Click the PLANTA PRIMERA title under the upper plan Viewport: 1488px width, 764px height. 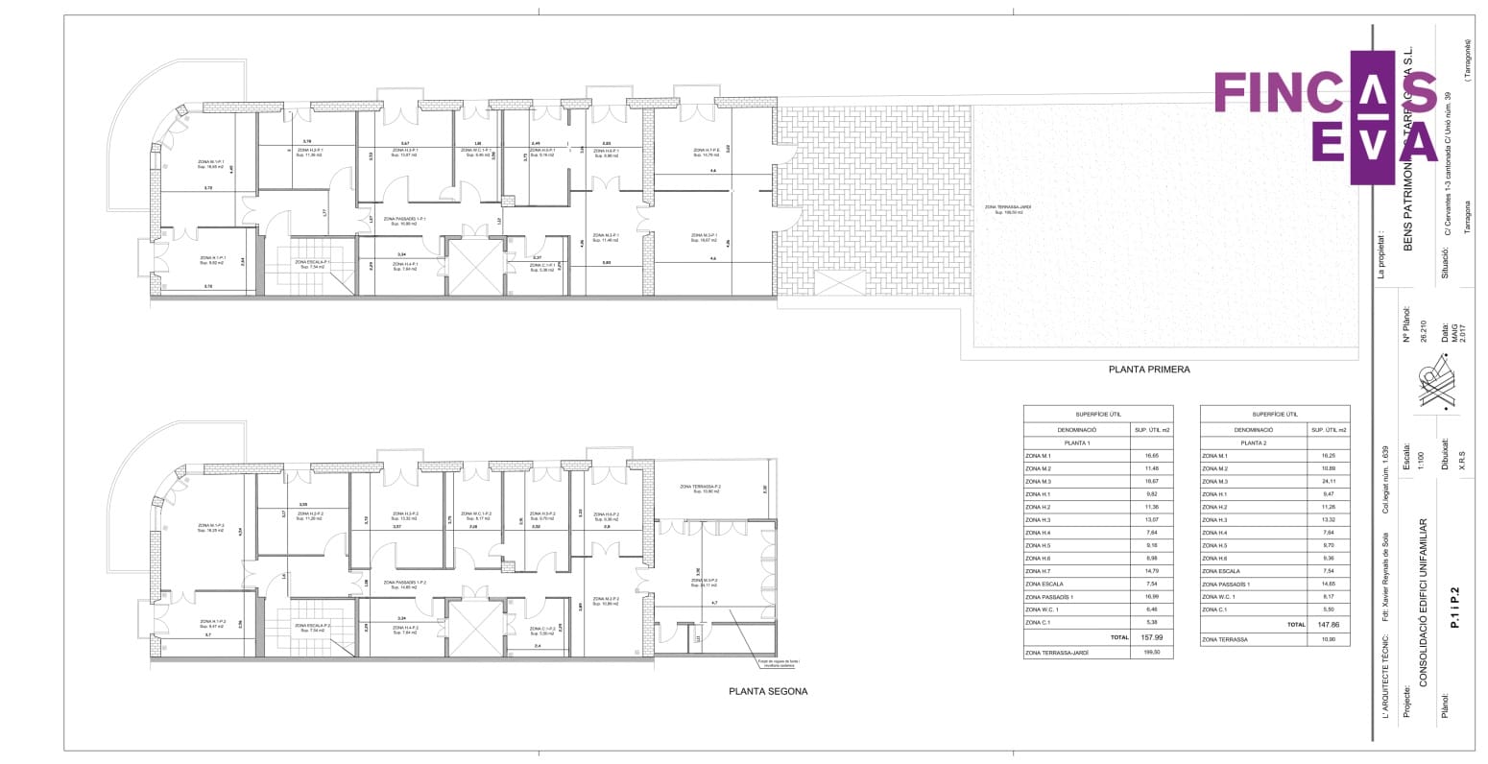point(1149,370)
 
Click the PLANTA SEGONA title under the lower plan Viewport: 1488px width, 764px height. point(768,691)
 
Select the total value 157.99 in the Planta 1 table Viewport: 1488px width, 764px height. point(1151,637)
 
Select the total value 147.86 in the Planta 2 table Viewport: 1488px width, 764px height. point(1328,625)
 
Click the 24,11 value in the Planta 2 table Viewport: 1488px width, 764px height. point(1328,482)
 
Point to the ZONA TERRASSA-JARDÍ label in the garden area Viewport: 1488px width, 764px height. point(1008,208)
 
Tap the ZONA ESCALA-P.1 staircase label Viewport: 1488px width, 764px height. point(313,262)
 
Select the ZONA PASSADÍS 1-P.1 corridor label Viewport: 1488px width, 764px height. point(404,220)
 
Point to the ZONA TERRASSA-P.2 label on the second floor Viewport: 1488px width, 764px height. point(700,488)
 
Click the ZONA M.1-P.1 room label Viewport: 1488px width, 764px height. point(211,163)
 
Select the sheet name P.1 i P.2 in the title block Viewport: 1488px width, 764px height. point(1454,609)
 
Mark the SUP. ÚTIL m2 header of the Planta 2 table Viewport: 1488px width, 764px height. point(1328,430)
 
